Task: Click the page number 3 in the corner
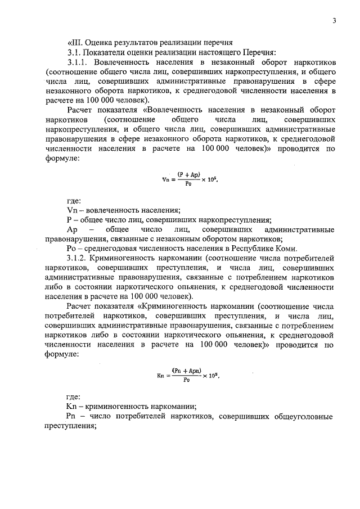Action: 334,21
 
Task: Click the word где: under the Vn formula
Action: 74,200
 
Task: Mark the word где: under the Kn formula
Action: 74,396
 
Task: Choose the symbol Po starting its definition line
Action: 72,249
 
